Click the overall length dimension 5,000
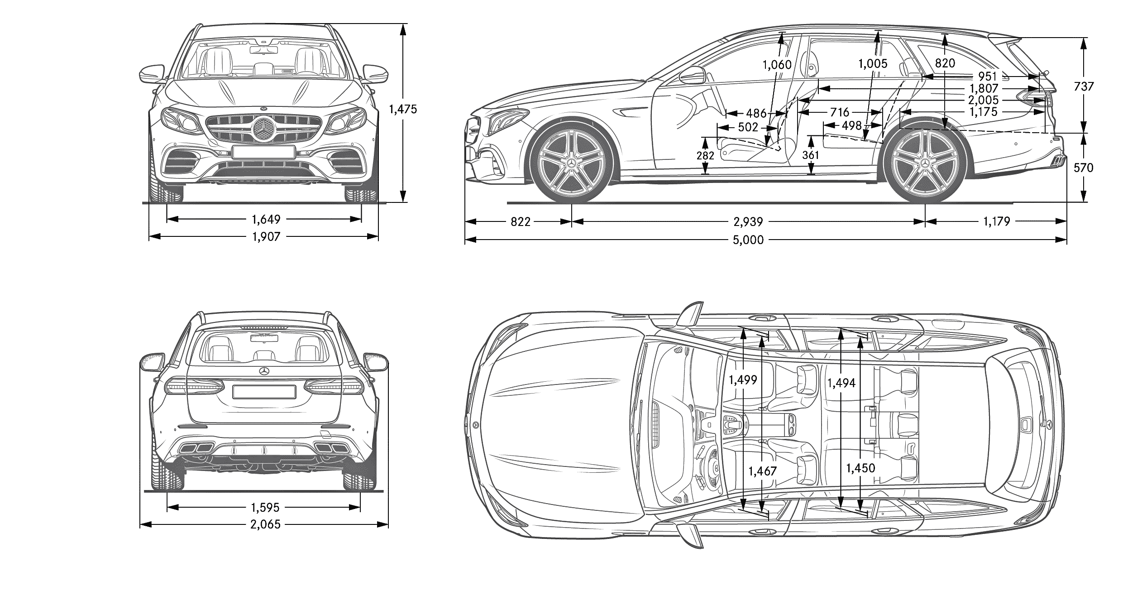click(748, 240)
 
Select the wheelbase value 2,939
click(748, 221)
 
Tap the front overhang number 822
click(520, 221)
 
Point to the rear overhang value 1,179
click(997, 221)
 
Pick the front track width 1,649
click(266, 220)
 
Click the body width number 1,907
click(266, 236)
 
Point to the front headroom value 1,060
click(777, 65)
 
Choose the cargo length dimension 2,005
click(984, 100)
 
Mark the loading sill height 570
click(1083, 168)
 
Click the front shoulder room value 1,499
click(743, 380)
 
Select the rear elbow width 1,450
click(860, 468)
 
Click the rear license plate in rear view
click(264, 392)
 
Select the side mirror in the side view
click(692, 76)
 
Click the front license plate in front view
click(263, 152)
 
